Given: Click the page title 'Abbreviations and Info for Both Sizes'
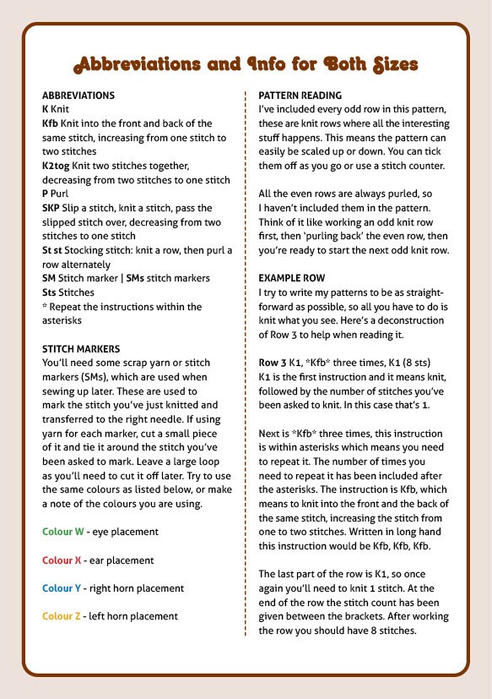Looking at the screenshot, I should coord(246,64).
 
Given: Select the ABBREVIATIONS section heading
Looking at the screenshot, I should coord(78,96).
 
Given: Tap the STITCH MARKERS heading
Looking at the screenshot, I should coord(81,348).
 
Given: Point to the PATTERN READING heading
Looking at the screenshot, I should coord(300,96).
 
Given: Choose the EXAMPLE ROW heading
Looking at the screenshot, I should coord(291,277).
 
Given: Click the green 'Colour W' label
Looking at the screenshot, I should coord(62,532).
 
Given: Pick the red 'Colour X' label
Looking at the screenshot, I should coord(62,560).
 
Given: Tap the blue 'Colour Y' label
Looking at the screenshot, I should coord(62,588).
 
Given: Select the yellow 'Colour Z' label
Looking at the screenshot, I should coord(62,616).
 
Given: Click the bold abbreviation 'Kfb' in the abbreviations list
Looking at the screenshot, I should coord(50,123).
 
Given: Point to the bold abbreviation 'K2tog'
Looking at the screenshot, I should coord(56,166).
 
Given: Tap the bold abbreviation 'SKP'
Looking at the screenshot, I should coord(51,208).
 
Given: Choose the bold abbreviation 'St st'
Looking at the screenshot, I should coord(52,250).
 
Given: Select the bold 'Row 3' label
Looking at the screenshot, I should coord(273,362).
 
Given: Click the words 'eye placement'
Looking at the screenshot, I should coord(125,532).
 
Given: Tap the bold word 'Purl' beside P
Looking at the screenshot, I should coord(61,194).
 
